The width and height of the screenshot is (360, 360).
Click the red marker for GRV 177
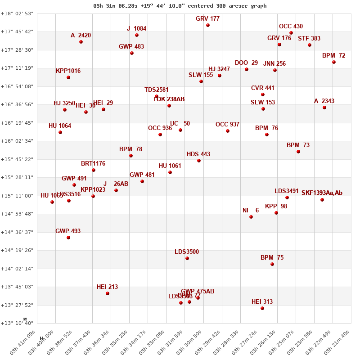coord(208,25)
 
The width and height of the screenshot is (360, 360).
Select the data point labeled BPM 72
coord(334,62)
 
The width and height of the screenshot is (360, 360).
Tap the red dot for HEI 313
coord(262,308)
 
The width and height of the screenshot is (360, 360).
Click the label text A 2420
coord(81,35)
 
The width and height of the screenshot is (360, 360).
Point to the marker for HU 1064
coord(60,132)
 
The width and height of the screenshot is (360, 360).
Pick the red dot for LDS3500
coord(187,258)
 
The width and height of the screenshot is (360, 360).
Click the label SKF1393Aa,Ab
coord(322,193)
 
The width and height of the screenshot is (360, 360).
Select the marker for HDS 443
coord(199,161)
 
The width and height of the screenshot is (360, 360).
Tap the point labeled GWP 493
coord(68,238)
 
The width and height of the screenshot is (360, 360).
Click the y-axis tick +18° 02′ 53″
coord(17,13)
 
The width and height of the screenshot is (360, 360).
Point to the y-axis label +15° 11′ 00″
coord(17,196)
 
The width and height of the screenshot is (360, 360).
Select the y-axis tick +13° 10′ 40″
coord(17,323)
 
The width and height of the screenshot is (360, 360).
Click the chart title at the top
coord(180,6)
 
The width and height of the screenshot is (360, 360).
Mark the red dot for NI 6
coord(251,217)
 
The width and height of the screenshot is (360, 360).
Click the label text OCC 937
coord(227,124)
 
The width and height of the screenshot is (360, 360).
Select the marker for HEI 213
coord(108,293)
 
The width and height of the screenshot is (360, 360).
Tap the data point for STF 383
coord(310,45)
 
